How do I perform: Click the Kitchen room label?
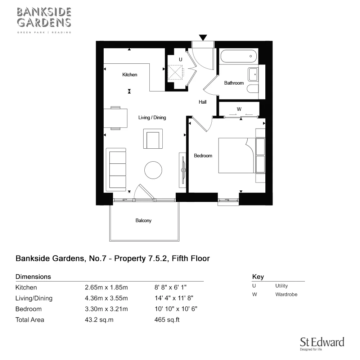pos(130,75)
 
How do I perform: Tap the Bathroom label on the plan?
pos(234,83)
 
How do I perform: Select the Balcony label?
pos(144,220)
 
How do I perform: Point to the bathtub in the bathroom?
pos(239,56)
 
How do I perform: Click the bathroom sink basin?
pos(253,75)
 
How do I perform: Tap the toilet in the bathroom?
pos(253,89)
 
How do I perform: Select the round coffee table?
pos(153,170)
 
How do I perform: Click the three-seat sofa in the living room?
pos(116,170)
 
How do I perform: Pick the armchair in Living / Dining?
pos(153,139)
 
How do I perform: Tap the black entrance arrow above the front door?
pos(203,37)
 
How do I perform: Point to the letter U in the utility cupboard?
pos(180,59)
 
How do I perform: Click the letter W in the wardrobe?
pos(239,109)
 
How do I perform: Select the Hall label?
pos(202,102)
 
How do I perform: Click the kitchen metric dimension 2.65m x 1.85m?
pos(106,287)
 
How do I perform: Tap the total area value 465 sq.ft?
pos(167,320)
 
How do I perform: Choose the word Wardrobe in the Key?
pos(286,294)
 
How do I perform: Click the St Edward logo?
pos(322,343)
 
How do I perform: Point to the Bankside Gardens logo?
pos(44,20)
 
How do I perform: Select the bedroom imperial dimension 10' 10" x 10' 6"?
pos(176,309)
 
